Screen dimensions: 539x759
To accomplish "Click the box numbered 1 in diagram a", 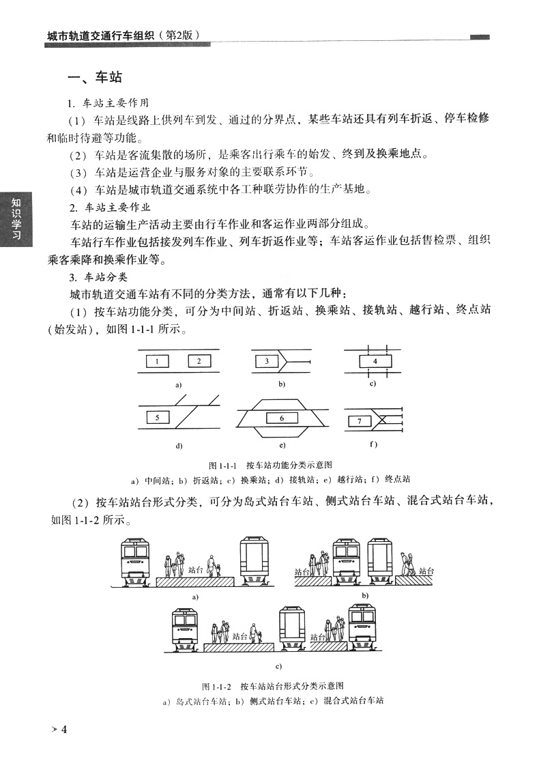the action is pos(157,361).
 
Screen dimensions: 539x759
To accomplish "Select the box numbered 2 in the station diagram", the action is pos(199,361).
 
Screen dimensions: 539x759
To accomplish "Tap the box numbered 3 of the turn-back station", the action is pos(267,361).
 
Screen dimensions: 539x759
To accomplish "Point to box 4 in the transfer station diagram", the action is pos(375,360).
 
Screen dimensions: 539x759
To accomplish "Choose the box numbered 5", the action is pos(158,415).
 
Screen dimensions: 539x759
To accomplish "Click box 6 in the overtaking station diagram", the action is pos(281,418).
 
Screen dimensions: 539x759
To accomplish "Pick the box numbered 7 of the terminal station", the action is pos(360,421).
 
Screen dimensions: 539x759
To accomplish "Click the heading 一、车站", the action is pos(95,78).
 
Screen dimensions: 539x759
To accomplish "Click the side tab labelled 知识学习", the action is pos(14,218).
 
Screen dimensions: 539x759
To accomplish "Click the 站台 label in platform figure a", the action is pos(196,568).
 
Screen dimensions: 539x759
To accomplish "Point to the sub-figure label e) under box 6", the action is pos(281,446).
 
